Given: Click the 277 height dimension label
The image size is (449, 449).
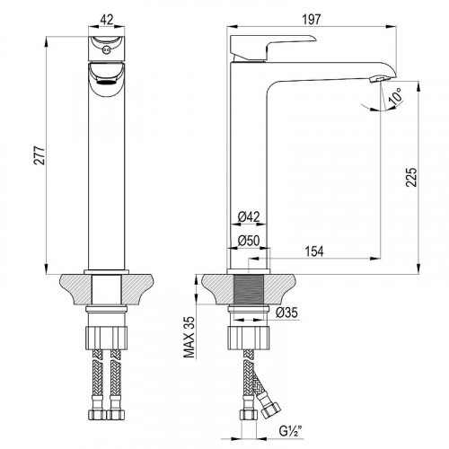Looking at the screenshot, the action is coord(40,155).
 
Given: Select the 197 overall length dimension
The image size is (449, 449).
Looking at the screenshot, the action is coord(312,20).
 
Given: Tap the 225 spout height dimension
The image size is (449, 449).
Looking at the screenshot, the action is coord(411,177).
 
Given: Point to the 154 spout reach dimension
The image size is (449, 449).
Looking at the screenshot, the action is coord(314,251).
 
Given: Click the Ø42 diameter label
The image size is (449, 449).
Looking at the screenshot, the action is coord(249,216).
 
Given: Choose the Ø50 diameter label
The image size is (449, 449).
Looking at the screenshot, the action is coord(249,241).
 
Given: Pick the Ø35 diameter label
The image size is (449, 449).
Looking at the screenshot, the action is coord(286,313).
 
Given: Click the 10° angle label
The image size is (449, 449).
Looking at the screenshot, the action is coord(396,96).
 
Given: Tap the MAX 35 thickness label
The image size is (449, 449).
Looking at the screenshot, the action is coord(189,337).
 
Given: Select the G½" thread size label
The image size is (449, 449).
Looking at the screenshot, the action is coord(290,431).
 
